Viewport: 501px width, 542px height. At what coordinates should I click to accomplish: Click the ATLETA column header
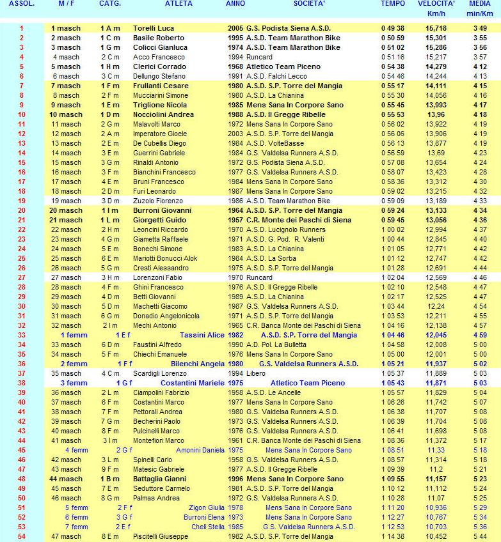179,4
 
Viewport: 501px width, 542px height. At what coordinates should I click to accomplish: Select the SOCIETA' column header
309,4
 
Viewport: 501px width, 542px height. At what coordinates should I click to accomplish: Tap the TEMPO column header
393,4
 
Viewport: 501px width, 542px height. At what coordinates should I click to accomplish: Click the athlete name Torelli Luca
154,29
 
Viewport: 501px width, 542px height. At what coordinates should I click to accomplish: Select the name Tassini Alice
202,336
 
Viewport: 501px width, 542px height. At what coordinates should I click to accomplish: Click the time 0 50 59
393,38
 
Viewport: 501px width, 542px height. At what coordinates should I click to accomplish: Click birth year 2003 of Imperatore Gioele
235,134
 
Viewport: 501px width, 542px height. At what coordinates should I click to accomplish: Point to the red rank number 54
21,537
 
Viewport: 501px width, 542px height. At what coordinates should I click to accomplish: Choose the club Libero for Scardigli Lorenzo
257,374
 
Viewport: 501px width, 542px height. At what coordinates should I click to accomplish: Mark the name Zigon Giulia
206,508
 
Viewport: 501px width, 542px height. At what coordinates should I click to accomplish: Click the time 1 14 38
393,537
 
